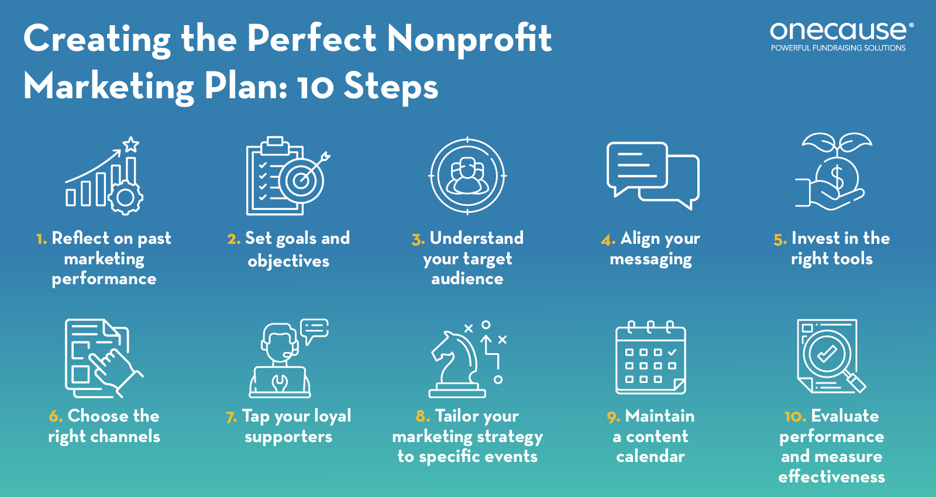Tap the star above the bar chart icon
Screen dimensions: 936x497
click(x=131, y=144)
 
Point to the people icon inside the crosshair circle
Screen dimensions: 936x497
click(x=467, y=176)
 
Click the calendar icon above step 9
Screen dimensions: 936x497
click(x=651, y=357)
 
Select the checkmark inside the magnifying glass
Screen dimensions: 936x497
click(x=827, y=354)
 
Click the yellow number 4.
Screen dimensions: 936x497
click(x=608, y=240)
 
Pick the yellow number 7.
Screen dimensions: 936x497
click(x=232, y=417)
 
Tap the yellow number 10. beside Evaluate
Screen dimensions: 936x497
click(x=796, y=417)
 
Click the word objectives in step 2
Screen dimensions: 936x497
click(x=288, y=261)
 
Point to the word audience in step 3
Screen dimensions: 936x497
click(x=467, y=278)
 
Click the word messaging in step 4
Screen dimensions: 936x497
click(x=651, y=260)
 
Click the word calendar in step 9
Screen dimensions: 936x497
click(x=651, y=456)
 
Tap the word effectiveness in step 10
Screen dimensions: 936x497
click(x=831, y=476)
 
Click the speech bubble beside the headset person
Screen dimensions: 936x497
click(x=314, y=330)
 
